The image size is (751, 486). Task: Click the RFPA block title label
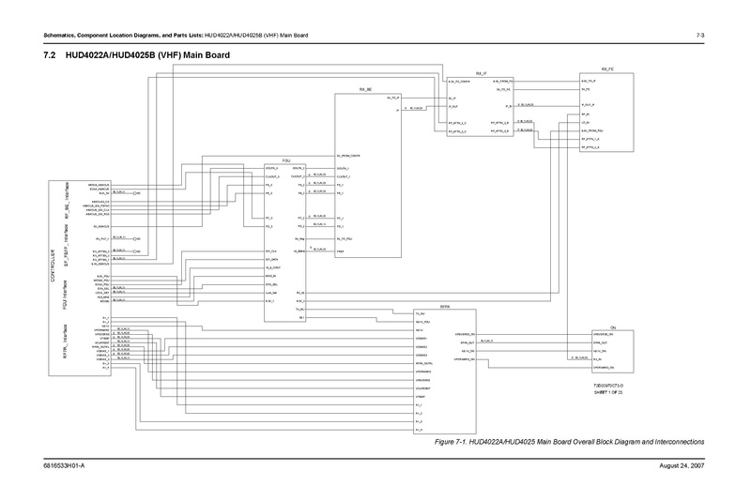click(x=446, y=307)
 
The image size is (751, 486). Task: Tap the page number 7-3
click(x=700, y=36)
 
